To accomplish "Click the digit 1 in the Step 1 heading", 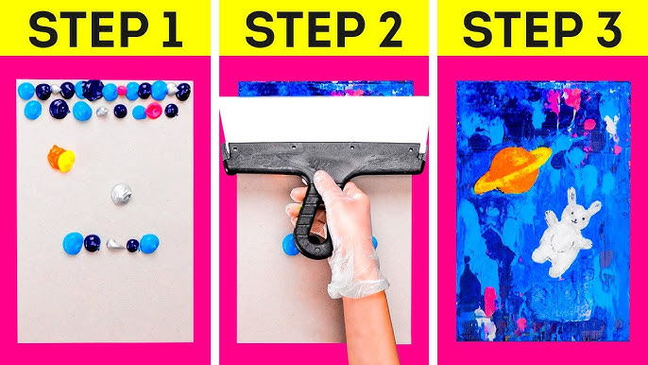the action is pyautogui.click(x=172, y=30).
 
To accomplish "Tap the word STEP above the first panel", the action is pyautogui.click(x=89, y=30).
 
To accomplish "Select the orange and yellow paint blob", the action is pyautogui.click(x=61, y=159).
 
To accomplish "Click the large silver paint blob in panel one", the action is pyautogui.click(x=121, y=194).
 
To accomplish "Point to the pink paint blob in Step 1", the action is pyautogui.click(x=154, y=111).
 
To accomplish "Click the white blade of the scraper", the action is pyautogui.click(x=324, y=120).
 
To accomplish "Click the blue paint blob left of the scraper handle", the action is pyautogui.click(x=290, y=245).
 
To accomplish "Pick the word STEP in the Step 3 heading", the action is pyautogui.click(x=522, y=30).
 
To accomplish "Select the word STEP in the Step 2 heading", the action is pyautogui.click(x=305, y=30).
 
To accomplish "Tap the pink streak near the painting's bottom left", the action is pyautogui.click(x=489, y=301).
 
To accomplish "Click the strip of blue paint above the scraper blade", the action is pyautogui.click(x=326, y=89).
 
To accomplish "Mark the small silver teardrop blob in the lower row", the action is pyautogui.click(x=115, y=244).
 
